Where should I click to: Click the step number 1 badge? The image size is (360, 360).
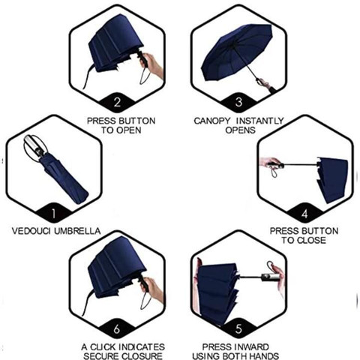coord(53,213)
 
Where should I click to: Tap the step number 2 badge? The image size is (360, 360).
coord(117,102)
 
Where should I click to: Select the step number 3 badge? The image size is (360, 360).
coord(238,102)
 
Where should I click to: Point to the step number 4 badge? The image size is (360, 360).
coord(304,213)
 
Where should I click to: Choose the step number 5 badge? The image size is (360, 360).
coord(238,328)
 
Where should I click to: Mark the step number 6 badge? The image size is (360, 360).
coord(117,328)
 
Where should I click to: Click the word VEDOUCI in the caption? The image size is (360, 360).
coord(31,231)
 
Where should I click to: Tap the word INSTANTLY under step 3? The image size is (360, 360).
coord(260,121)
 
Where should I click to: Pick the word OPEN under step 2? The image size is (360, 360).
coord(129,130)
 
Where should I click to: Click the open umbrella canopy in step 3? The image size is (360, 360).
coord(236,51)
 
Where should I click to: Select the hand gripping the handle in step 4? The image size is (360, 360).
coord(271,163)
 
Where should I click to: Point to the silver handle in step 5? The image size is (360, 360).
coord(270,277)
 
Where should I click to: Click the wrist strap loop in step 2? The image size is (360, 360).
coord(143,75)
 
